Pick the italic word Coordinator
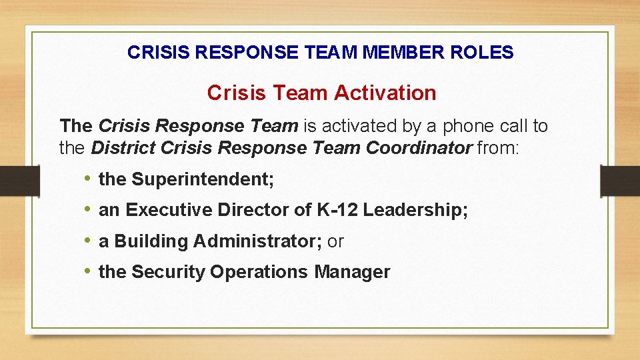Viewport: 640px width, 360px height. (419, 147)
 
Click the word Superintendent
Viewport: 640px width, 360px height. (203, 179)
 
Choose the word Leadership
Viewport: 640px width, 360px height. (415, 211)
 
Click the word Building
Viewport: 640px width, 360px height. (151, 241)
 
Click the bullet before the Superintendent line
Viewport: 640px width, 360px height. (87, 179)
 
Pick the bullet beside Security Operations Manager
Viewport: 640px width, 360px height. (87, 272)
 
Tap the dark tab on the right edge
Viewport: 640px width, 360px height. (620, 181)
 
